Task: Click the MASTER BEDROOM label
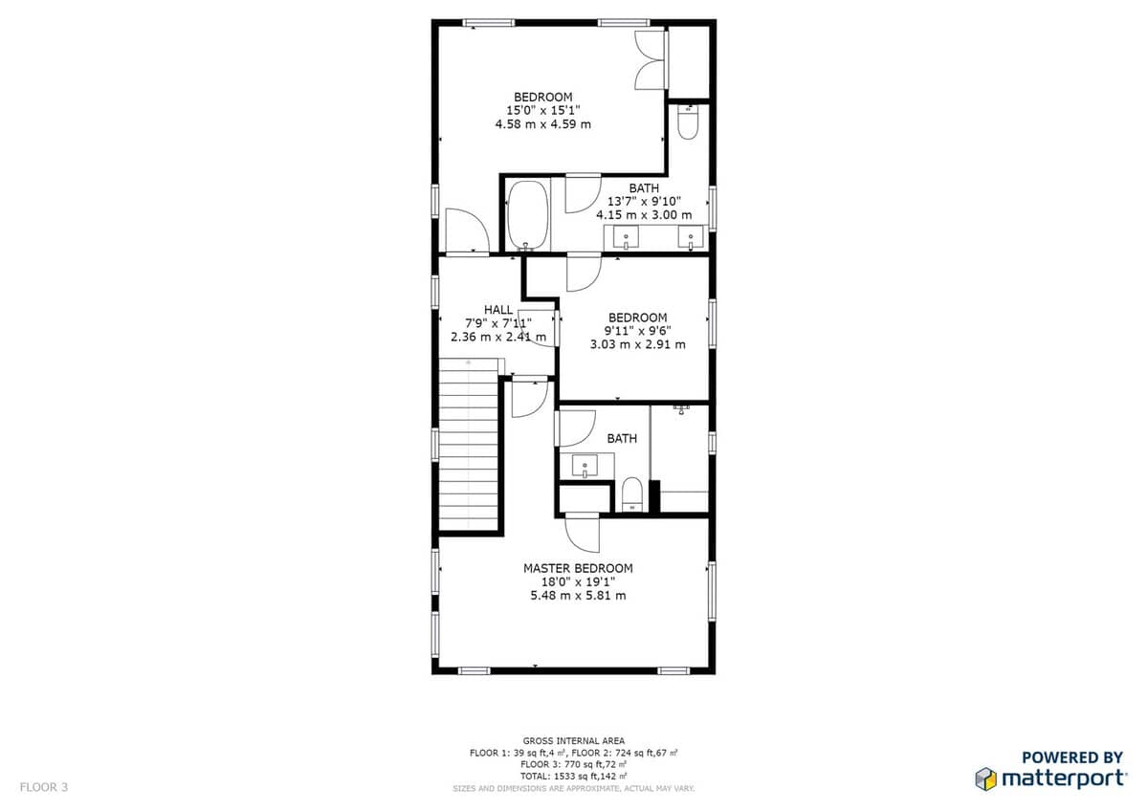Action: point(578,568)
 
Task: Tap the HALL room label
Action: point(498,310)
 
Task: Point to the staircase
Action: point(469,444)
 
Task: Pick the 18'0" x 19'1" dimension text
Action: point(578,582)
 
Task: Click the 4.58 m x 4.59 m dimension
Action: point(542,124)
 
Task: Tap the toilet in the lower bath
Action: point(631,494)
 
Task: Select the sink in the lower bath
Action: point(585,466)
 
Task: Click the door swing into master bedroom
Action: point(583,535)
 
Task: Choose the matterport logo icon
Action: point(985,778)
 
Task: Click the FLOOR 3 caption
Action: point(44,787)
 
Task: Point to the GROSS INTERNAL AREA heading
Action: point(573,741)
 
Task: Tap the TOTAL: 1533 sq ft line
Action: point(573,777)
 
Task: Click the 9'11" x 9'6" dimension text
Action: point(637,331)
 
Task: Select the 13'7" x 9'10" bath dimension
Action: point(644,202)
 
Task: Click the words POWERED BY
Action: point(1072,757)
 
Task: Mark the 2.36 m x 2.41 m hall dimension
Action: point(498,337)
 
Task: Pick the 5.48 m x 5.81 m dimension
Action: point(578,595)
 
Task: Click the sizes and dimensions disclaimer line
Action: point(573,788)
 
